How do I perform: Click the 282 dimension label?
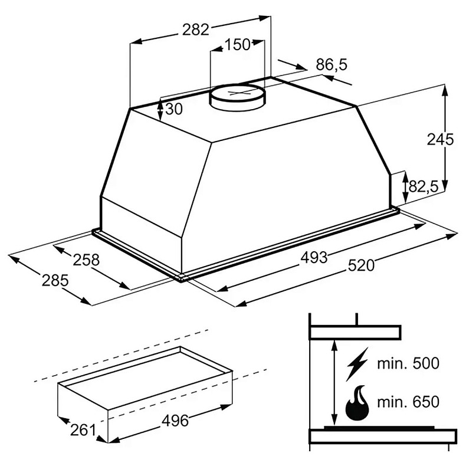196,29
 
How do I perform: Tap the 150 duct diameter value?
237,45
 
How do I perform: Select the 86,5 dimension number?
332,65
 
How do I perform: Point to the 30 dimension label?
174,109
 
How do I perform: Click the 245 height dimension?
440,139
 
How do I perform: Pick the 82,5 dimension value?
424,186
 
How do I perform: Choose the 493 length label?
314,257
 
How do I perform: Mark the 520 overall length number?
362,265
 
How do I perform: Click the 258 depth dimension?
86,260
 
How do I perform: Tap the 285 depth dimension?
55,280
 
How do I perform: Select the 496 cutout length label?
175,421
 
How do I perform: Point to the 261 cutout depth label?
83,430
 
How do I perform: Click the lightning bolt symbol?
357,364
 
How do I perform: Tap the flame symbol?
357,403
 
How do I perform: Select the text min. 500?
408,363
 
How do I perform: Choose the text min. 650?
408,402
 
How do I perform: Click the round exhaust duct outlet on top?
238,97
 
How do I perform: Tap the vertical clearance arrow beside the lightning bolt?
334,384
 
